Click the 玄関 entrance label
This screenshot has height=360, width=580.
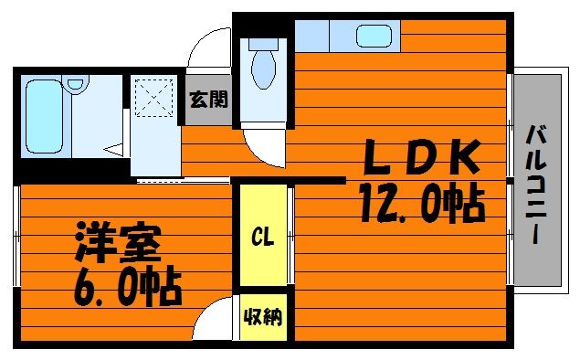click(208, 100)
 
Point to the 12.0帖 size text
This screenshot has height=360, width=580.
click(422, 204)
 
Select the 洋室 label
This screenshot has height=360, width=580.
click(119, 242)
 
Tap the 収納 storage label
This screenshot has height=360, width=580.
click(263, 317)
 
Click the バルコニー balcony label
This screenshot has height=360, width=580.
click(536, 185)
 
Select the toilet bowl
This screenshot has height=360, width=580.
click(263, 69)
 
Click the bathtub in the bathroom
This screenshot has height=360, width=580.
click(45, 116)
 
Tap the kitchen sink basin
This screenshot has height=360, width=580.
click(374, 36)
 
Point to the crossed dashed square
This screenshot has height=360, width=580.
click(153, 97)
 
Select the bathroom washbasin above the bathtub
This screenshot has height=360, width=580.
click(76, 82)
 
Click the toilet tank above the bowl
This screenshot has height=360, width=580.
click(263, 44)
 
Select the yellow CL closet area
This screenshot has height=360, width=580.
click(263, 235)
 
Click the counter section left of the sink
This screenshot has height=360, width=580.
click(311, 36)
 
